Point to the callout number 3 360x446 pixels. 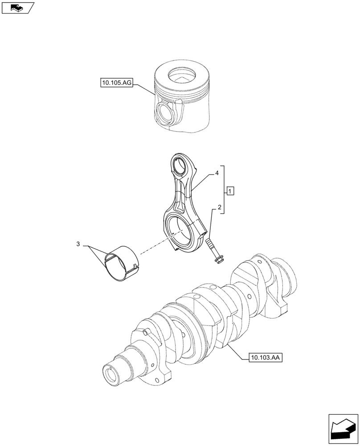(x=78, y=244)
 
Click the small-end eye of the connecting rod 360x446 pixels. (x=181, y=167)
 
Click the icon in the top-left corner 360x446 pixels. (x=17, y=7)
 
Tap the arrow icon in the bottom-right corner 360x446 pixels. (x=343, y=428)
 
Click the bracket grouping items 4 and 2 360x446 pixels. (x=224, y=190)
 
